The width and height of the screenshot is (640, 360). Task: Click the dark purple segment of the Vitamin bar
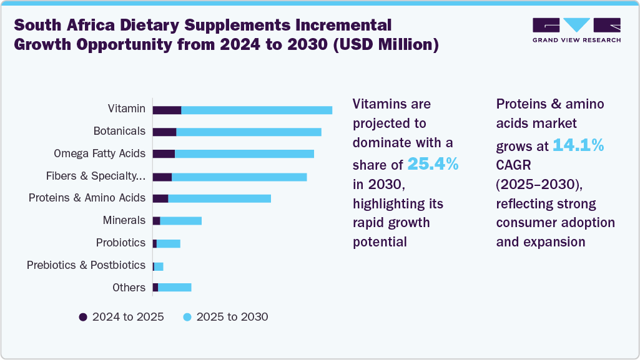point(167,110)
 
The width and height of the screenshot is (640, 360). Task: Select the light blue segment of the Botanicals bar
point(249,132)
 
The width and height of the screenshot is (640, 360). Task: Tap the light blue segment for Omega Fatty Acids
point(244,154)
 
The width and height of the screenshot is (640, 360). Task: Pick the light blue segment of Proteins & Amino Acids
point(219,198)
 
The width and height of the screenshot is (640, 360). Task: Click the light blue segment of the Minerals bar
point(180,221)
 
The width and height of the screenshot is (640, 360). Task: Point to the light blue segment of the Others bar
point(174,287)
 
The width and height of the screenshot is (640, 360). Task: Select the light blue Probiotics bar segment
point(168,243)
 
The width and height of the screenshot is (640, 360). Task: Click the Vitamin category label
point(126,109)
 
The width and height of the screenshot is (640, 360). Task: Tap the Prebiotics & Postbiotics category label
point(86,265)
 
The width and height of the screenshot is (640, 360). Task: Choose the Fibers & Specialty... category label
point(96,176)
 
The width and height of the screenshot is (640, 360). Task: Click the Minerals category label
point(124,220)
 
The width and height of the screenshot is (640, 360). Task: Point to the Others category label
point(129,288)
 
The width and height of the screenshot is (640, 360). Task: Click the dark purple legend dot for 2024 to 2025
point(83,317)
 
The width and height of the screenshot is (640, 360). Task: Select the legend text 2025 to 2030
point(232,317)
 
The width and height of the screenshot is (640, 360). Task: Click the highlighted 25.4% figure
point(433,164)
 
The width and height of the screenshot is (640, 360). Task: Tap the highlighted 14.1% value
point(578,145)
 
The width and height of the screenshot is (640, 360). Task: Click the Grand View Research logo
point(576,30)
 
